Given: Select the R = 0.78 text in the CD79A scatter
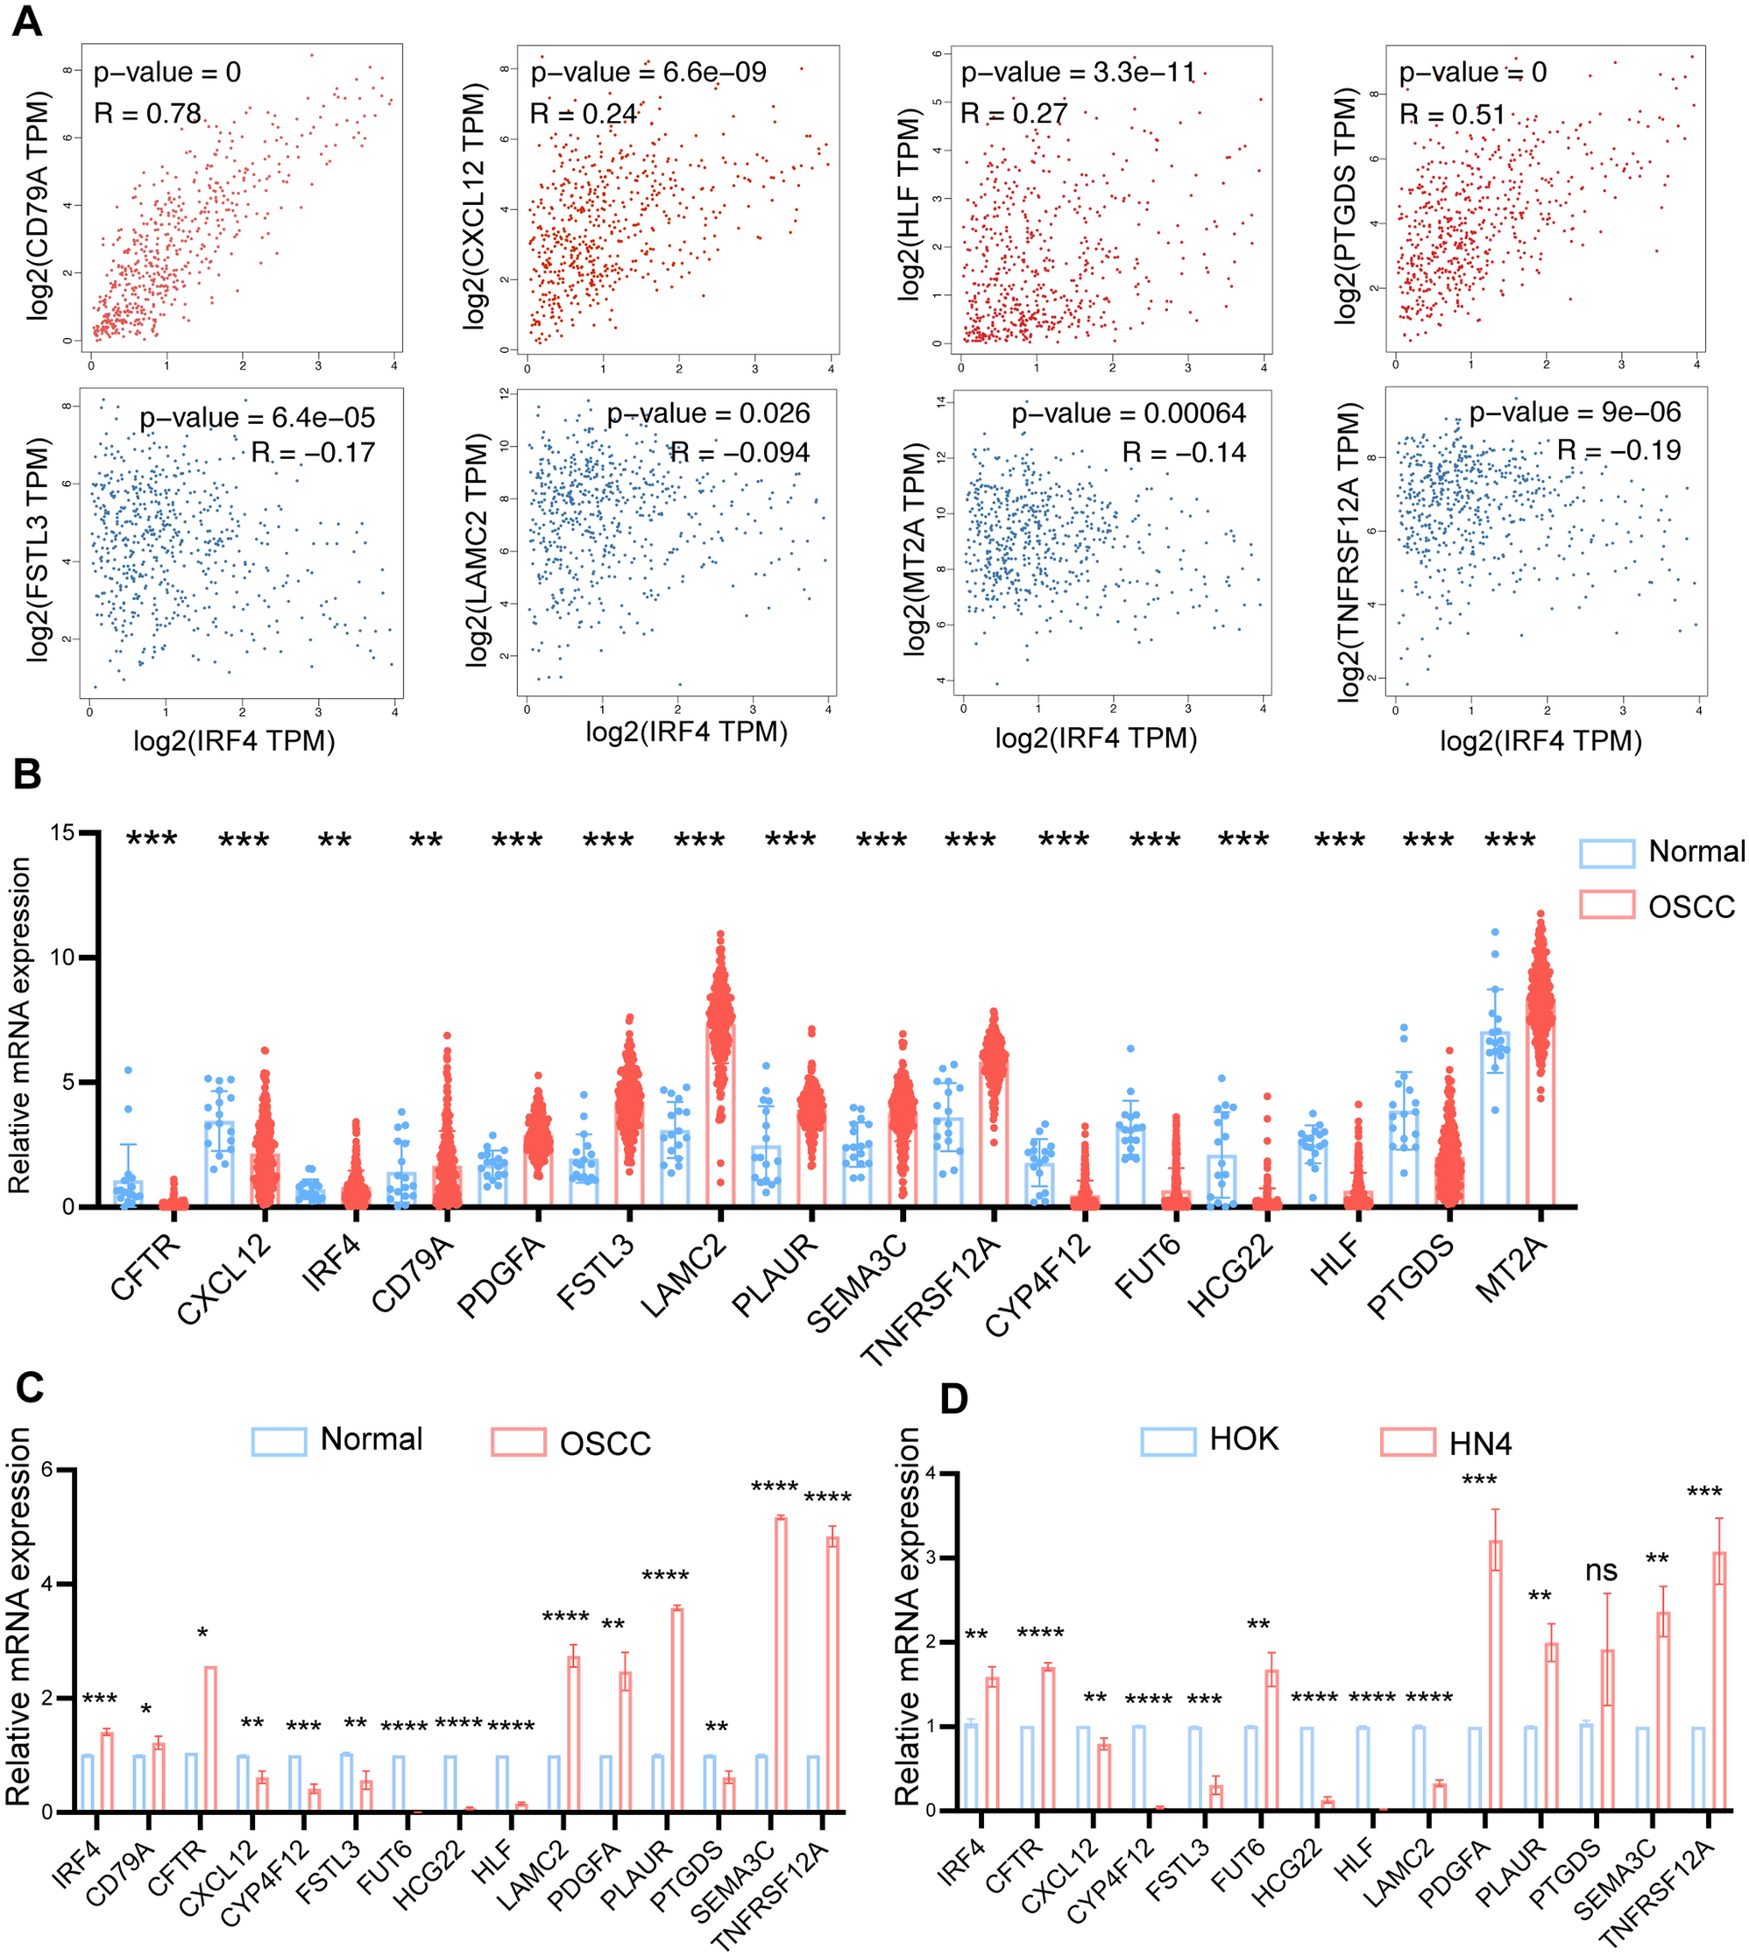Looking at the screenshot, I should coord(147,115).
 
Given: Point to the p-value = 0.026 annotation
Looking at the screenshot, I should coord(708,414).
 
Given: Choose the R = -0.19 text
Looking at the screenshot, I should coord(1618,450).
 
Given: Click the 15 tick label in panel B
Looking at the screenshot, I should coord(63,834).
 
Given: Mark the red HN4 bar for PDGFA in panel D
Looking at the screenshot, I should coord(1495,1676).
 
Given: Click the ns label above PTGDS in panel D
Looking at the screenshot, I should coord(1601,1571).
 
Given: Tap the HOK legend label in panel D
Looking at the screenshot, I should coord(1243,1439).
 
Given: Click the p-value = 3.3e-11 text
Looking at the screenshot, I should coord(1079,73).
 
